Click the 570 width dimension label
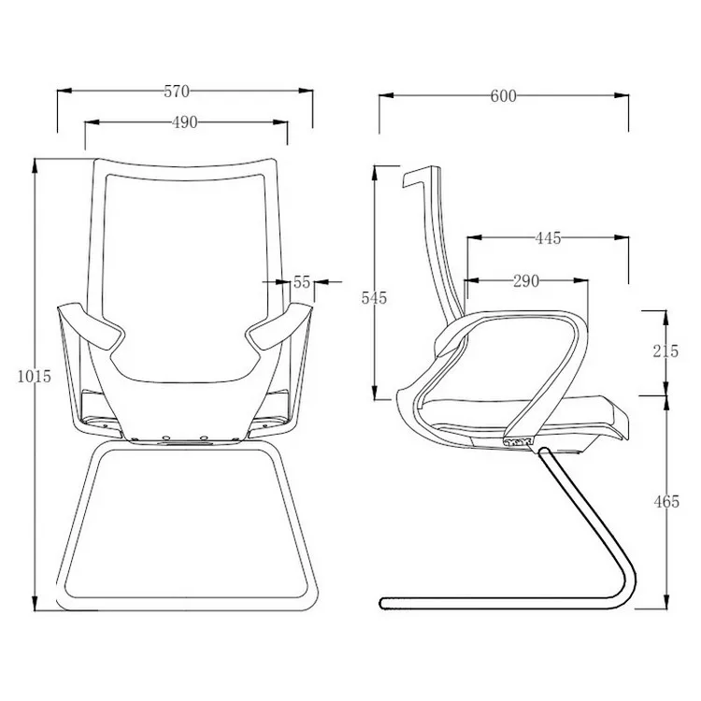point(177,92)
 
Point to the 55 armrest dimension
point(301,281)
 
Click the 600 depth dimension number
point(503,95)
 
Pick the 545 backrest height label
point(374,297)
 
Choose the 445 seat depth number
point(548,238)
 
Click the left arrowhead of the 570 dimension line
point(63,92)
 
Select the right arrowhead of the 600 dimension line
point(624,95)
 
